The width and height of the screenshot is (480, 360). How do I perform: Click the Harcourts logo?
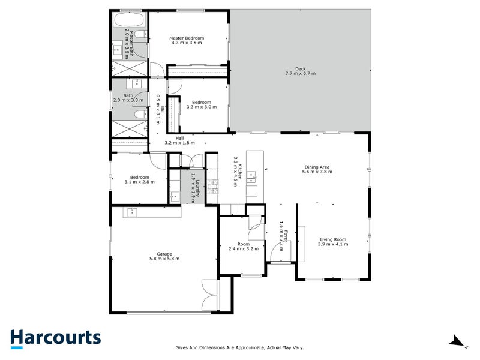(x=55, y=338)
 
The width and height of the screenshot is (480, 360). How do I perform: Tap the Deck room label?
(x=300, y=68)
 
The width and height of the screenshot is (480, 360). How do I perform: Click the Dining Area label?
(x=317, y=167)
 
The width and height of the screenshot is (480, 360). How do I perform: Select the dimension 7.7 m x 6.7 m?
(x=300, y=73)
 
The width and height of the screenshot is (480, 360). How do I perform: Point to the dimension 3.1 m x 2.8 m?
(x=140, y=182)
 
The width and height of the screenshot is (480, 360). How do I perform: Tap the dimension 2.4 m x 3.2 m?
(x=243, y=249)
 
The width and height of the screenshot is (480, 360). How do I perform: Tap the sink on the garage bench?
(x=131, y=212)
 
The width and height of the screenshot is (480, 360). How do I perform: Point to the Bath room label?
(x=128, y=95)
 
